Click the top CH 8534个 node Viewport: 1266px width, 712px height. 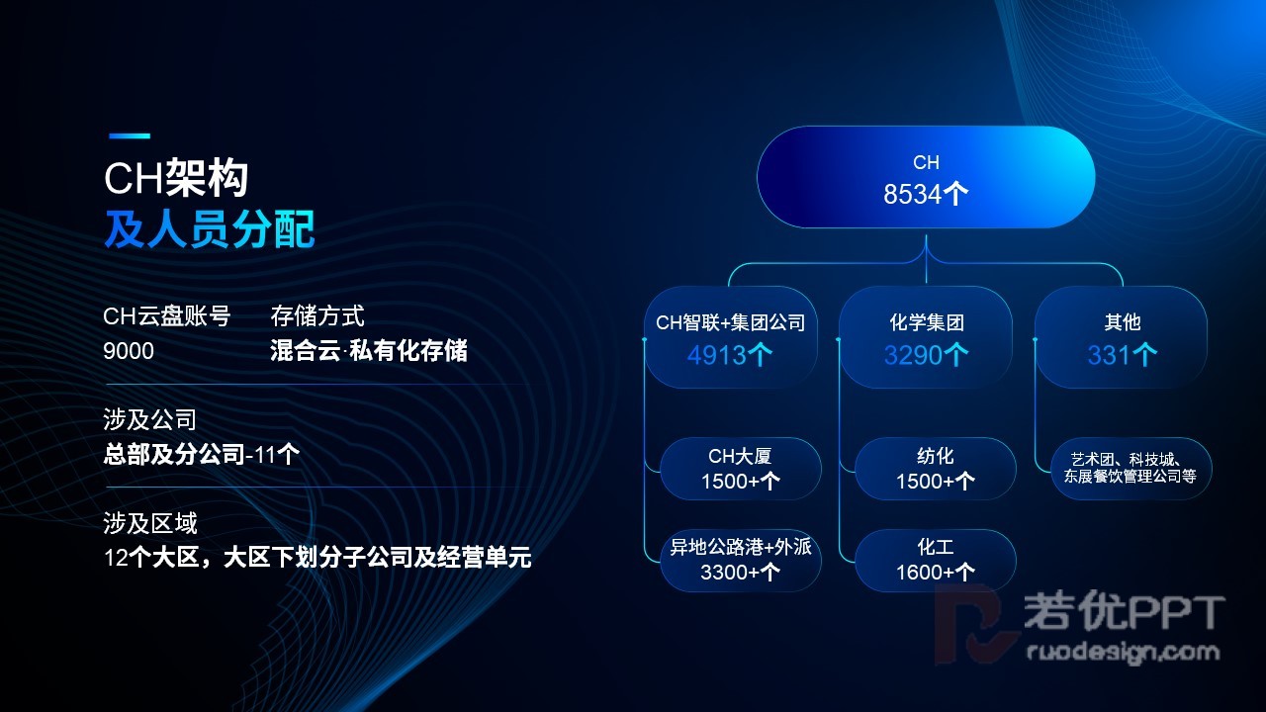pyautogui.click(x=926, y=177)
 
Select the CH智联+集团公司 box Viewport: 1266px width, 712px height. pyautogui.click(x=731, y=337)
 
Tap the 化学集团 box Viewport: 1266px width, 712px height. pyautogui.click(x=926, y=337)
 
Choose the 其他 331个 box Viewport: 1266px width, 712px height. pyautogui.click(x=1122, y=337)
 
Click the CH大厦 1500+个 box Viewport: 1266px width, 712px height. pyautogui.click(x=741, y=469)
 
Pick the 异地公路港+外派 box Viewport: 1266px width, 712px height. pyautogui.click(x=741, y=560)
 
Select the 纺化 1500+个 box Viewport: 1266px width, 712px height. pyautogui.click(x=936, y=469)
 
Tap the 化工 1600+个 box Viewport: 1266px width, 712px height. pyautogui.click(x=936, y=560)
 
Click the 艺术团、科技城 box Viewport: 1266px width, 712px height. pyautogui.click(x=1130, y=469)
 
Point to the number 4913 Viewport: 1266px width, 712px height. pyautogui.click(x=717, y=355)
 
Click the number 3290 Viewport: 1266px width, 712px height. pyautogui.click(x=913, y=355)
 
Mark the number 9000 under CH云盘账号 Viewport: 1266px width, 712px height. pyautogui.click(x=129, y=351)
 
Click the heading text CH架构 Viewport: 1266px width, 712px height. pyautogui.click(x=176, y=178)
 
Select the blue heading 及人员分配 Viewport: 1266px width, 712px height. pyautogui.click(x=209, y=228)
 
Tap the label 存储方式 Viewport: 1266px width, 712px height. pyautogui.click(x=317, y=316)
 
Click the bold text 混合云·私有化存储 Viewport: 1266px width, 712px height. pyautogui.click(x=369, y=351)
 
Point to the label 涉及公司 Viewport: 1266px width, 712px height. pyautogui.click(x=149, y=420)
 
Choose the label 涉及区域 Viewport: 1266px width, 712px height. pyautogui.click(x=149, y=523)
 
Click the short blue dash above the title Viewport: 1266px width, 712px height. pyautogui.click(x=130, y=135)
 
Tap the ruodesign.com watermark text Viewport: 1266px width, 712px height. pyautogui.click(x=1123, y=652)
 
